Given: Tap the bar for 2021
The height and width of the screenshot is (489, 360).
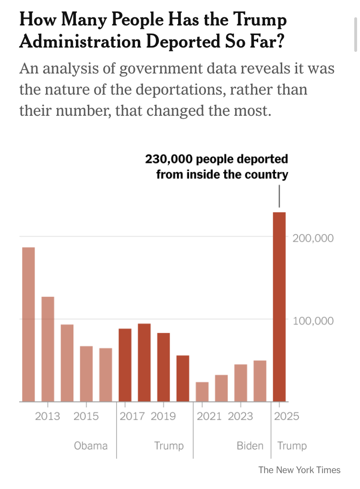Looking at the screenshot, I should point(202,392).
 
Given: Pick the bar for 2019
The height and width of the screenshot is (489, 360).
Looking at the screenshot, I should point(164,367).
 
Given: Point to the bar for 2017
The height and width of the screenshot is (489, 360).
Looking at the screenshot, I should point(125,365).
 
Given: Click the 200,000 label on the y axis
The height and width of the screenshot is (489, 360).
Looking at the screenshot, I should point(313,238).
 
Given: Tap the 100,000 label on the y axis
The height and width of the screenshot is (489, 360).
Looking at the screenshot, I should point(313,321).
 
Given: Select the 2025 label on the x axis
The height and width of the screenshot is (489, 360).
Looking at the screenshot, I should point(287,416).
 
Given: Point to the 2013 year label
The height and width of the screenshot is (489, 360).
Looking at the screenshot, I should point(48,416).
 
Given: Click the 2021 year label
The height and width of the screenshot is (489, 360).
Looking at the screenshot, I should point(209,416).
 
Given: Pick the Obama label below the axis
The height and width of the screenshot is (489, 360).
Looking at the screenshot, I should point(91,446).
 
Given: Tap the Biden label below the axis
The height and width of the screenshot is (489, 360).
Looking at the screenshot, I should point(250,446).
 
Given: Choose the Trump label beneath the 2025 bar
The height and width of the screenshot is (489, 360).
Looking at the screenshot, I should point(292,446).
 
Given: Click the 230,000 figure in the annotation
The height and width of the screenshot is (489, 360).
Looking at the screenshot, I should point(167,159).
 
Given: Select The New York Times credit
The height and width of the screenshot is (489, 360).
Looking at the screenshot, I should point(300,470).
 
